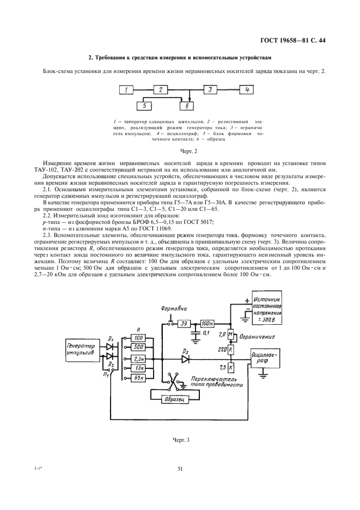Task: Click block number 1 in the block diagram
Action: pos(126,90)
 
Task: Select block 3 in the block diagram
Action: pos(211,90)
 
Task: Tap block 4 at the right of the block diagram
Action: pos(246,90)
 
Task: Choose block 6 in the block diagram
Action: pos(186,106)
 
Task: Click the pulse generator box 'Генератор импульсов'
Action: pos(81,350)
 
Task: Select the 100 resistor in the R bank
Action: pos(138,338)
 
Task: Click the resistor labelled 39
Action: pos(185,323)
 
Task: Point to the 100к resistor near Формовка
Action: pos(207,323)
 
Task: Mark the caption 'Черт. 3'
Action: pos(179,436)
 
